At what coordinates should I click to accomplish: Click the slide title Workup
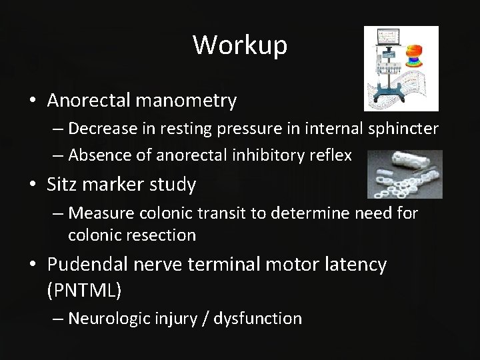tap(240, 45)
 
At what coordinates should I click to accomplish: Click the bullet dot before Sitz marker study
tap(33, 185)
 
